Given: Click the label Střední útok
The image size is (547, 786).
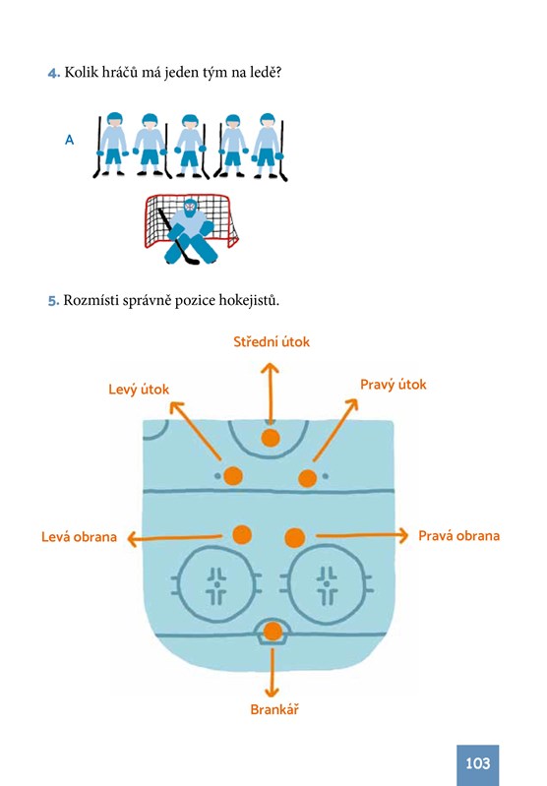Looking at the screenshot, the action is click(x=272, y=342).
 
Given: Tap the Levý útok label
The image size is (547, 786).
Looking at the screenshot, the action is click(x=139, y=390).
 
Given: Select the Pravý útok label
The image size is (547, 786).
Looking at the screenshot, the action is click(x=394, y=385).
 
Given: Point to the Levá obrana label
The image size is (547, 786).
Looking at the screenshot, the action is click(x=79, y=537).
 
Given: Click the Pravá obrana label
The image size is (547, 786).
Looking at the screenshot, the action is click(x=458, y=536).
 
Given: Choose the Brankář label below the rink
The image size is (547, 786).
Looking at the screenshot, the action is click(x=274, y=709).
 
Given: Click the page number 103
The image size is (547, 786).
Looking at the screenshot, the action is click(x=477, y=763).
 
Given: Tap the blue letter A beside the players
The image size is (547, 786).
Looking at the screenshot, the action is click(x=69, y=140).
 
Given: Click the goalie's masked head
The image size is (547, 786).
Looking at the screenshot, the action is click(x=190, y=207).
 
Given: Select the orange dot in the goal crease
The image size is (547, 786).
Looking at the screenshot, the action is click(x=273, y=632).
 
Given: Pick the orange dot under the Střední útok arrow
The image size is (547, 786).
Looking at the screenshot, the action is click(x=271, y=438).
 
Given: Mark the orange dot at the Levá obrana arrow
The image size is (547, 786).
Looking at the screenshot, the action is click(x=242, y=535).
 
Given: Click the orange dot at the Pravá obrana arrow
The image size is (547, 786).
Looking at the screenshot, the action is click(x=295, y=538).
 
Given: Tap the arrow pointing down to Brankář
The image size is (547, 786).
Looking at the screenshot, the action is click(x=272, y=672).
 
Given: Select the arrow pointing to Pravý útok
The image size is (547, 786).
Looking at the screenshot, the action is click(x=334, y=430).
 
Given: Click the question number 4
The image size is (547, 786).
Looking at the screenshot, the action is click(x=54, y=73).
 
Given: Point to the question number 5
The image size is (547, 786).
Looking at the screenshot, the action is click(x=53, y=301).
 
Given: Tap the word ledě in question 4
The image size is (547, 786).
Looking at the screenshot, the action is click(x=266, y=72).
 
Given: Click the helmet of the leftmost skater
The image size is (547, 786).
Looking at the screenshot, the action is click(x=115, y=119).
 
